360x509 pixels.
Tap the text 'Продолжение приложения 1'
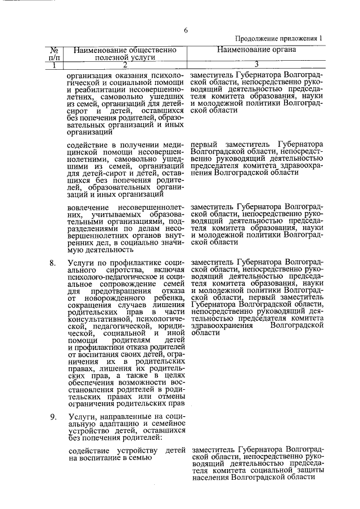point(280,39)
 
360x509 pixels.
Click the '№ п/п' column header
point(55,53)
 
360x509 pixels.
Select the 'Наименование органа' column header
point(256,49)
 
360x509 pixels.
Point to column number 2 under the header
point(125,65)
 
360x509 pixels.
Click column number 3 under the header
point(256,65)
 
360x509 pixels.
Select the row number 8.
point(52,262)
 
